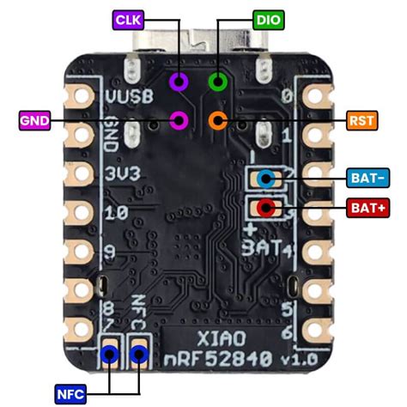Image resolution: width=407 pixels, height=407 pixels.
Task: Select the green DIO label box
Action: (x=264, y=17)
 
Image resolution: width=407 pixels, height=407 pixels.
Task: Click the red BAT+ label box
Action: (x=368, y=207)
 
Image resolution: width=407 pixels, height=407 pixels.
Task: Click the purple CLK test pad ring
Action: (x=179, y=82)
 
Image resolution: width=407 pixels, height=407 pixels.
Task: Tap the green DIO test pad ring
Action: (x=218, y=82)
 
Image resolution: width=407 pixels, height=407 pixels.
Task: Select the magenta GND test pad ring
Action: (x=179, y=120)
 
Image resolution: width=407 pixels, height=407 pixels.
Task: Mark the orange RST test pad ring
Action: (x=217, y=120)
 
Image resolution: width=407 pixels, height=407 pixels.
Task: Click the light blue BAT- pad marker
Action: (x=265, y=179)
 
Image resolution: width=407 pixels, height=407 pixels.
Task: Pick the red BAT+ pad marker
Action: (x=265, y=207)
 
